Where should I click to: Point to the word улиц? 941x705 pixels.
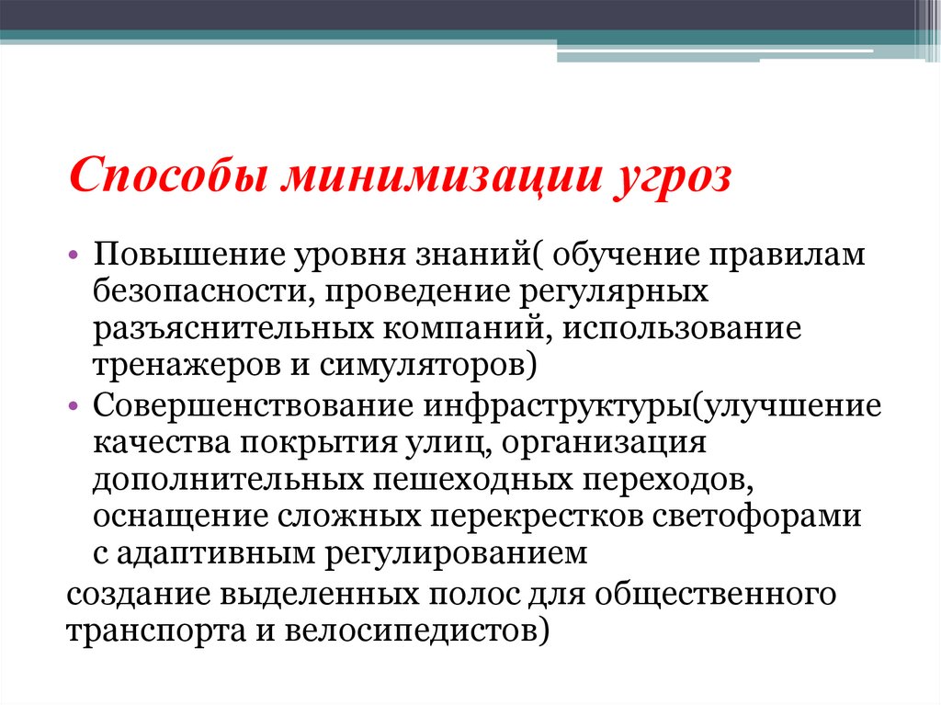click(434, 442)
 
